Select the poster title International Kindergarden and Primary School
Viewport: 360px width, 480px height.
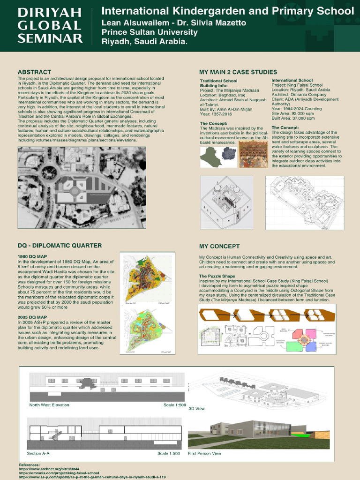(x=228, y=11)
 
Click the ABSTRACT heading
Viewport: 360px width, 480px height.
(x=34, y=72)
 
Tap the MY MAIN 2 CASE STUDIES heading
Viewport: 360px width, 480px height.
(x=238, y=72)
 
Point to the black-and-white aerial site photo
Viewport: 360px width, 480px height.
(x=82, y=187)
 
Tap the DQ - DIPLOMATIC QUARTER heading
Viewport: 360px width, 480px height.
(x=60, y=246)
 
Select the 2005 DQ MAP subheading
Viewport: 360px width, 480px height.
(x=32, y=318)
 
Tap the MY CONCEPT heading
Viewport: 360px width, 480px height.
(x=219, y=246)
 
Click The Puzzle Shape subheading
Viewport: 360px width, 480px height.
(x=217, y=276)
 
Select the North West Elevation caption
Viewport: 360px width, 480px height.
(x=49, y=405)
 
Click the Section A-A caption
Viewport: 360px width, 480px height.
(x=38, y=453)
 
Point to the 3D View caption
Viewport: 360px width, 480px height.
(x=196, y=409)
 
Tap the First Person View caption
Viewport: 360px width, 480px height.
(x=204, y=453)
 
